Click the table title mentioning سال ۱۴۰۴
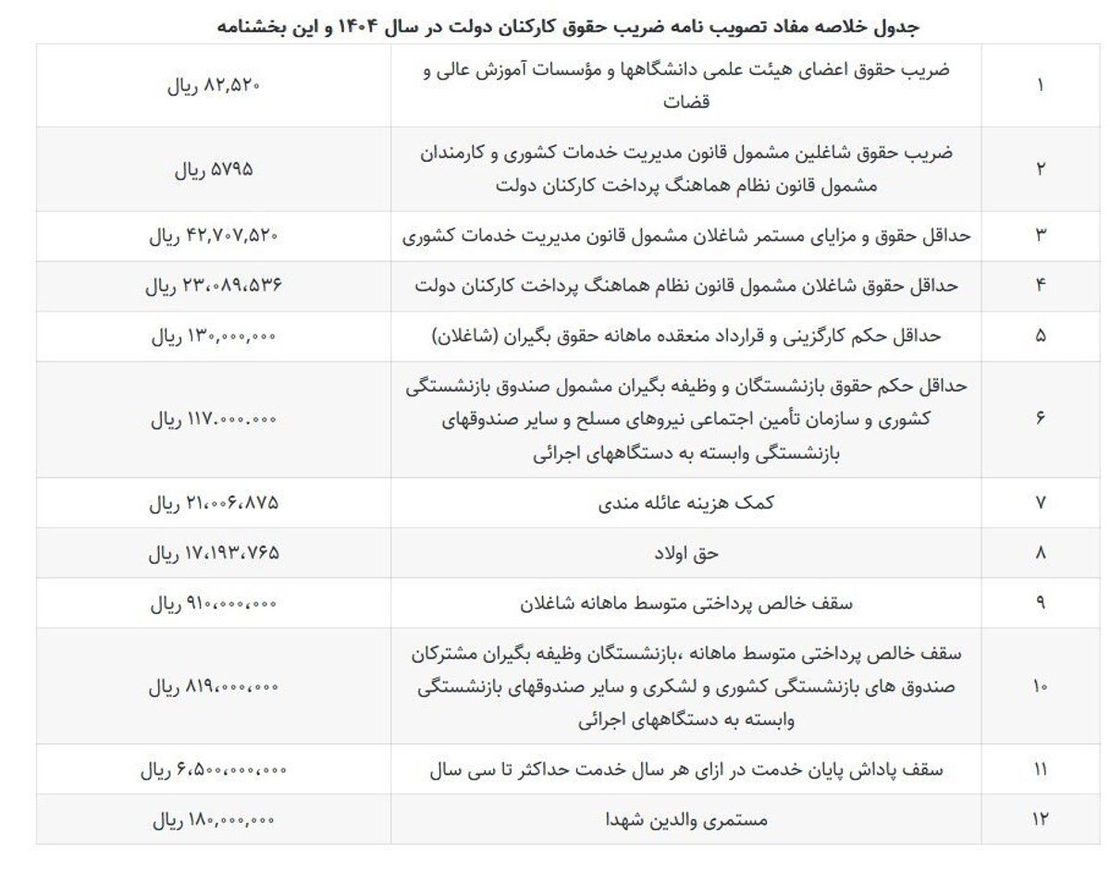tap(567, 26)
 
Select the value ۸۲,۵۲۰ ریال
tap(214, 86)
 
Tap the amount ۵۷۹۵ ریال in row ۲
tap(214, 170)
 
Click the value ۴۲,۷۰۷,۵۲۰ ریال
tap(214, 236)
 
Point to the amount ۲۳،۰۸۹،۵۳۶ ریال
tap(214, 286)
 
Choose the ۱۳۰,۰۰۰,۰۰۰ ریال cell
tap(214, 337)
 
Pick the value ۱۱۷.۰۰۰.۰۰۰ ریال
tap(214, 419)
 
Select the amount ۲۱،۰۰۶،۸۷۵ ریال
tap(214, 503)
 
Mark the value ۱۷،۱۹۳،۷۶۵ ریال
tap(214, 553)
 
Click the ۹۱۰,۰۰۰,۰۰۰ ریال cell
tap(214, 604)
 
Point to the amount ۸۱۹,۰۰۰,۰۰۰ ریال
tap(214, 687)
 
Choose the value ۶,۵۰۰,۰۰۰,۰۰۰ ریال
tap(214, 769)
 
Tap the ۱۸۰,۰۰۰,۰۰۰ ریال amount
tap(214, 819)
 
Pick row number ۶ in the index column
tap(1040, 419)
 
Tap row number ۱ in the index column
tap(1040, 86)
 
